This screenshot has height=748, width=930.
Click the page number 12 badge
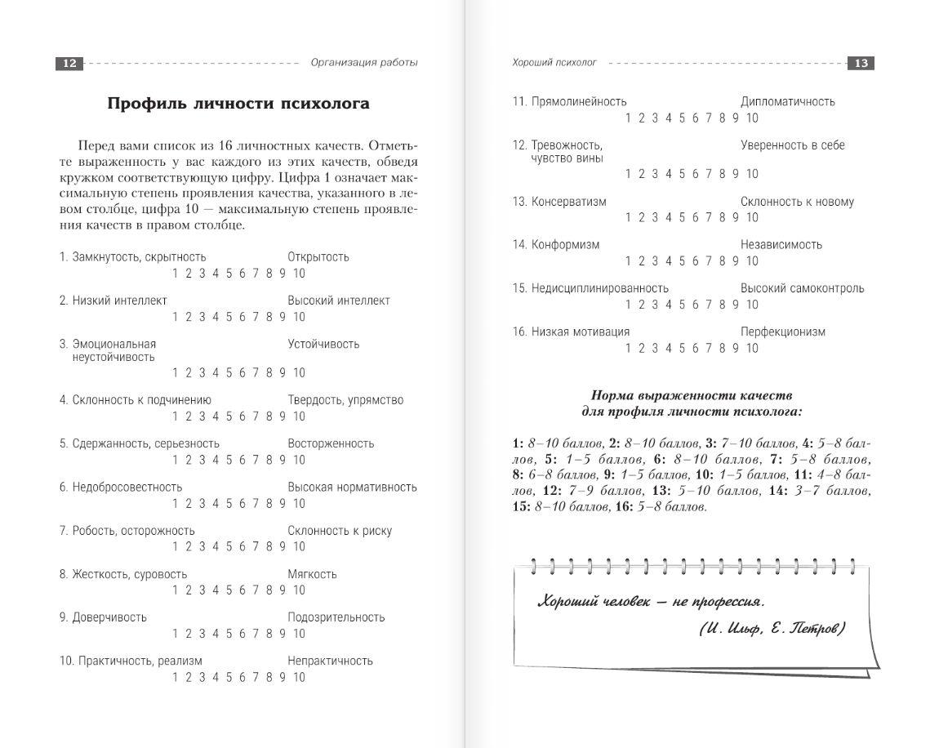(x=69, y=64)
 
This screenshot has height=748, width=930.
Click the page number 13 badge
(x=861, y=64)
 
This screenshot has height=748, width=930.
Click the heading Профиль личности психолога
(x=238, y=104)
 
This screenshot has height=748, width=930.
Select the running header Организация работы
(x=364, y=63)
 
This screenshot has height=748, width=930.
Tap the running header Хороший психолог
(x=554, y=62)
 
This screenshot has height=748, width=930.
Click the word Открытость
(x=318, y=257)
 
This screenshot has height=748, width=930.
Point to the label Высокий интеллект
(x=339, y=301)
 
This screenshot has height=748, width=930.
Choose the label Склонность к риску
(x=340, y=531)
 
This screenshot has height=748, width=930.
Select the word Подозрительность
(x=336, y=617)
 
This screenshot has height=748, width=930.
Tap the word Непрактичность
(x=330, y=661)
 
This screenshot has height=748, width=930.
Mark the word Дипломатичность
(x=787, y=102)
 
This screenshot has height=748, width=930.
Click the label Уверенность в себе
(x=792, y=145)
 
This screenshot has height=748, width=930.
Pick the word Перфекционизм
(x=782, y=332)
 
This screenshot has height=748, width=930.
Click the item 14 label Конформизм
(x=565, y=245)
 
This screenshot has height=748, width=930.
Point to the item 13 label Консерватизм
(x=568, y=202)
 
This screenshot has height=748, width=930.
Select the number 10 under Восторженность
(x=299, y=460)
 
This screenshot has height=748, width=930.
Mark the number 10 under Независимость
(x=752, y=261)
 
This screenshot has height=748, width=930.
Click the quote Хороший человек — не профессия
(x=651, y=602)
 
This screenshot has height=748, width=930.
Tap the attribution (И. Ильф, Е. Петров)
(x=772, y=629)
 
